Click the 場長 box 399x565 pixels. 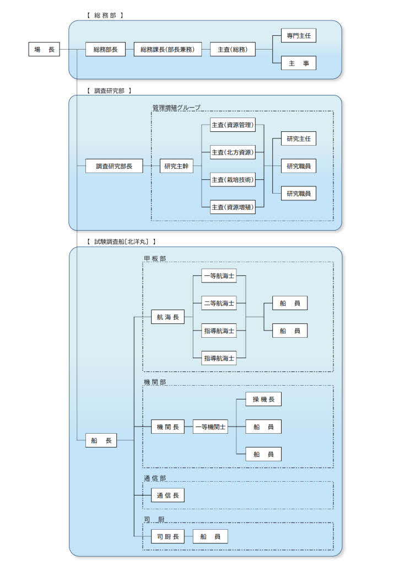click(44, 50)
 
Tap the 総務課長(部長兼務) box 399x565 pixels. click(168, 50)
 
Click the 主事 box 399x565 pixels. click(298, 63)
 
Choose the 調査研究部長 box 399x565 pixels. click(114, 166)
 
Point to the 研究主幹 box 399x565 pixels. click(177, 166)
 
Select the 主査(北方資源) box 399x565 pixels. click(232, 152)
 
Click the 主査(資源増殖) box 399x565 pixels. click(232, 207)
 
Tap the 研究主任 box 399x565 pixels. click(298, 138)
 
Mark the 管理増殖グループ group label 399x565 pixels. click(176, 107)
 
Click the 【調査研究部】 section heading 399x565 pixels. click(109, 90)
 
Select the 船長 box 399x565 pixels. click(101, 440)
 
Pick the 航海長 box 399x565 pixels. click(168, 317)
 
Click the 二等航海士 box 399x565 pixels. click(219, 303)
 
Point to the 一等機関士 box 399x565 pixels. click(210, 427)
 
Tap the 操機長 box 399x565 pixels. click(263, 399)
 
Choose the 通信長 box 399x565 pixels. click(168, 495)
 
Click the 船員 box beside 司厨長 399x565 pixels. click(210, 536)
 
